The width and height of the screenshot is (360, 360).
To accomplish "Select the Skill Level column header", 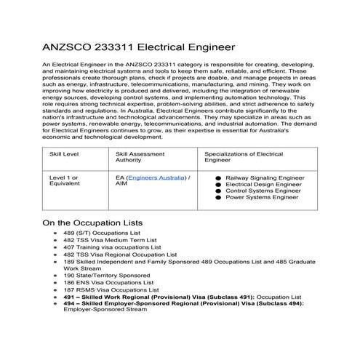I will pos(64,154).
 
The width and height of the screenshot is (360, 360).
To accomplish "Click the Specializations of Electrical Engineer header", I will pos(244,158).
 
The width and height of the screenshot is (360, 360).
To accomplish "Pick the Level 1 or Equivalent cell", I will pos(64,180).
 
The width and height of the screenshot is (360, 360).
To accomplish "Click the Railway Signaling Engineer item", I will pos(263,177).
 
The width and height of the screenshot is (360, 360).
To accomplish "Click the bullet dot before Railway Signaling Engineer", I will pos(218,177).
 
